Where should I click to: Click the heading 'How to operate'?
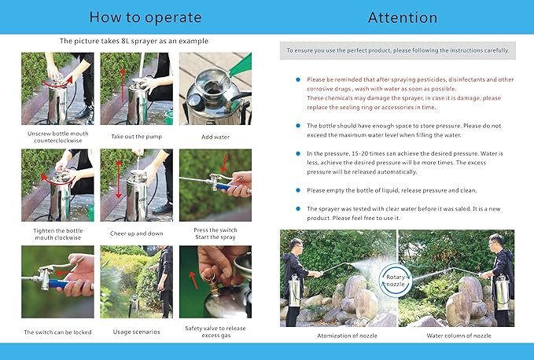pyautogui.click(x=145, y=17)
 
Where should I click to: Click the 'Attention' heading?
pyautogui.click(x=403, y=18)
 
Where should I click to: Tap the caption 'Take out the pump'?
pyautogui.click(x=137, y=137)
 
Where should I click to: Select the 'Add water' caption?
pyautogui.click(x=215, y=137)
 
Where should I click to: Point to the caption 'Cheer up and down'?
pyautogui.click(x=137, y=233)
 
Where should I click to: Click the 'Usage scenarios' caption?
pyautogui.click(x=137, y=332)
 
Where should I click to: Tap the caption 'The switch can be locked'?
pyautogui.click(x=57, y=332)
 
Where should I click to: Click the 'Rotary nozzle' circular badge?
pyautogui.click(x=396, y=281)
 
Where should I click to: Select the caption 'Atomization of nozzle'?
pyautogui.click(x=347, y=336)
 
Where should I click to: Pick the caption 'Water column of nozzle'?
pyautogui.click(x=459, y=336)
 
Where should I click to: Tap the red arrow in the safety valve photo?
pyautogui.click(x=193, y=280)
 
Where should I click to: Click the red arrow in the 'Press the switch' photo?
pyautogui.click(x=224, y=163)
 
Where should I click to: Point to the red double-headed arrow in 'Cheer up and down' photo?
pyautogui.click(x=119, y=179)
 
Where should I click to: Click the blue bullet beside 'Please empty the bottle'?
pyautogui.click(x=298, y=190)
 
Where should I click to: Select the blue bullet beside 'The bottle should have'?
pyautogui.click(x=298, y=126)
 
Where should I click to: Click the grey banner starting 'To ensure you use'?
pyautogui.click(x=398, y=50)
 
